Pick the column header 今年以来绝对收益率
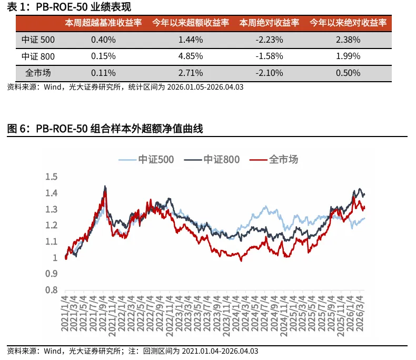[x=348, y=23]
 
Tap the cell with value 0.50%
[x=348, y=73]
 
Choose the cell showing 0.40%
[x=103, y=40]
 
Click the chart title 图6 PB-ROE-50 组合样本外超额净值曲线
[x=105, y=129]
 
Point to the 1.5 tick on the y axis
[x=51, y=177]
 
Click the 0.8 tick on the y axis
[x=51, y=290]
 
